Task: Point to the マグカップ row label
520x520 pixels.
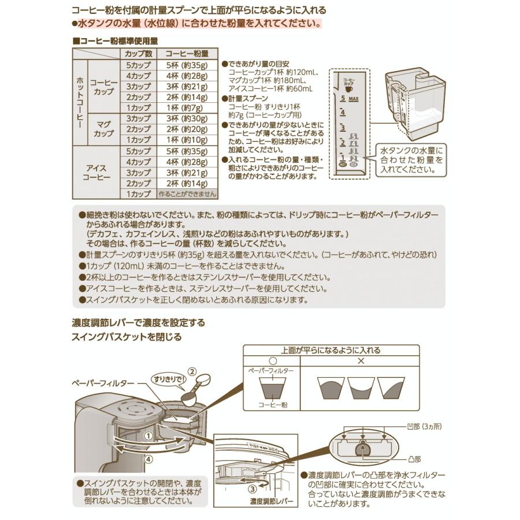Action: click(103, 129)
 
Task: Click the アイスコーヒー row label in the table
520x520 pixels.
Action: click(95, 172)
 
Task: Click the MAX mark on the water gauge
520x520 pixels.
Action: click(354, 99)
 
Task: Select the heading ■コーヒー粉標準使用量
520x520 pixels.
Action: click(116, 41)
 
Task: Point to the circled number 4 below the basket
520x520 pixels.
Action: click(149, 460)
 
